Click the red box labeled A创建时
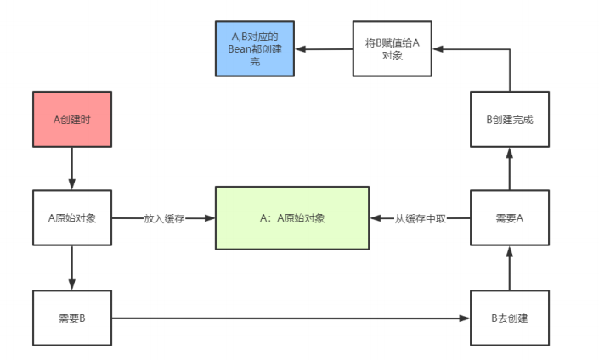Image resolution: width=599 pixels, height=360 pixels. click(71, 119)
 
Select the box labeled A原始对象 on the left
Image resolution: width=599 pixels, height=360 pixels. click(71, 218)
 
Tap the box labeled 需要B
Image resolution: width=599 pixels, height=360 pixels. click(71, 318)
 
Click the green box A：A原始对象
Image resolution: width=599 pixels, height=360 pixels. click(292, 218)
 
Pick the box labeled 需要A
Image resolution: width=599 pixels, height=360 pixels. click(509, 218)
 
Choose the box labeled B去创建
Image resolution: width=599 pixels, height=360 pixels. click(509, 318)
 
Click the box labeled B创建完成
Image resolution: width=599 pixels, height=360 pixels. click(509, 119)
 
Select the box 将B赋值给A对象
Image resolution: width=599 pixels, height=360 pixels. click(392, 49)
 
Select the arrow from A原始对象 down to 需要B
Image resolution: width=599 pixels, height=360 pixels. click(71, 267)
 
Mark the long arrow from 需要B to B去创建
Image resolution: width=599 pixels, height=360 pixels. click(289, 318)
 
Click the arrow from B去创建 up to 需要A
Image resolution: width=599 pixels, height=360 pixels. click(509, 267)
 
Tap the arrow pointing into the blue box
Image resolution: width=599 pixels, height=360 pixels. click(324, 49)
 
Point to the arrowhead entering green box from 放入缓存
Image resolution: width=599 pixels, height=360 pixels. click(210, 218)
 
